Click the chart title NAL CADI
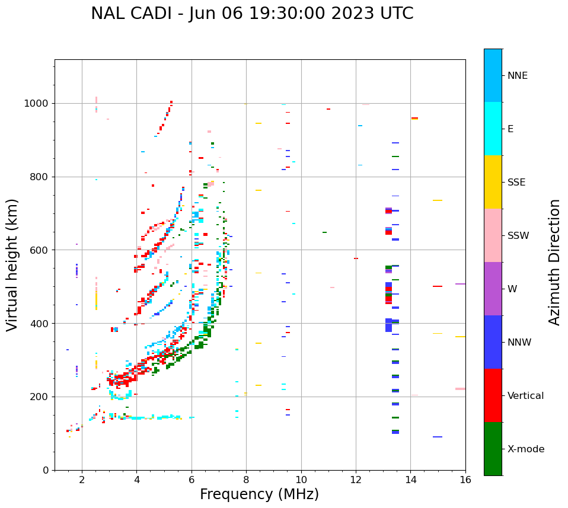tap(252, 14)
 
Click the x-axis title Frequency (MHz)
tap(259, 494)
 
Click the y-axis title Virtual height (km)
tap(12, 264)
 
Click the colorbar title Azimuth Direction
tap(554, 262)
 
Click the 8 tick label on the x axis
tap(246, 480)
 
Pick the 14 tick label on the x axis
tap(410, 480)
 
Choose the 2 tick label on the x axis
tap(82, 480)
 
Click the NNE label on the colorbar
tap(517, 76)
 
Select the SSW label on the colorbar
tap(518, 236)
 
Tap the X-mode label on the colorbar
tap(525, 449)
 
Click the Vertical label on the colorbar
tap(525, 396)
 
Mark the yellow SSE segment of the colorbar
tap(493, 182)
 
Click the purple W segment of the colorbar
tap(493, 289)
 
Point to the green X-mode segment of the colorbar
tap(493, 449)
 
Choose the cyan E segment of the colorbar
tap(493, 129)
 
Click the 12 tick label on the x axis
tap(356, 480)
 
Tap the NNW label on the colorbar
tap(519, 343)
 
